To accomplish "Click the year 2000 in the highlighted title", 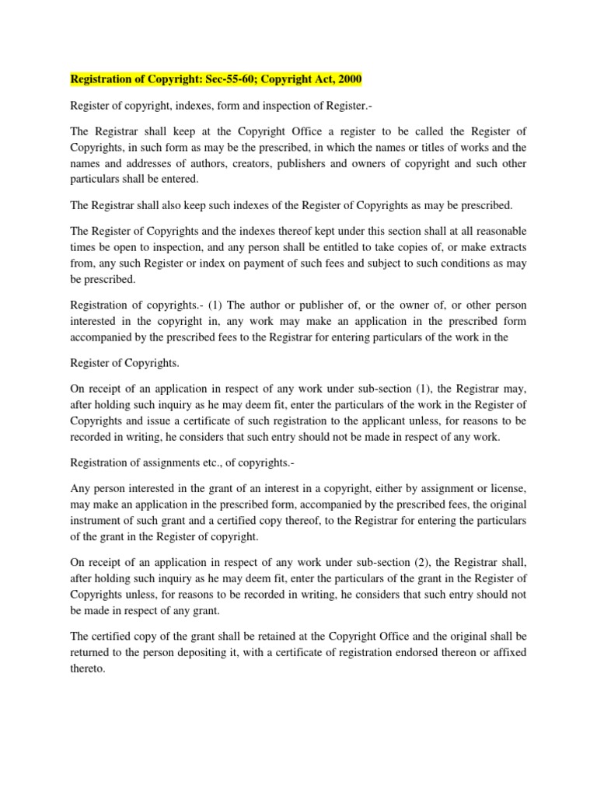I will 347,79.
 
